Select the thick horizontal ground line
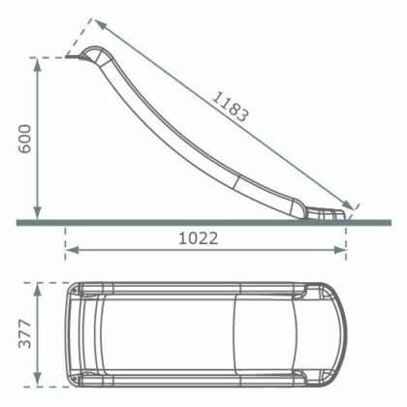tap(194, 223)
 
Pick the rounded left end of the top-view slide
tap(70, 333)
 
